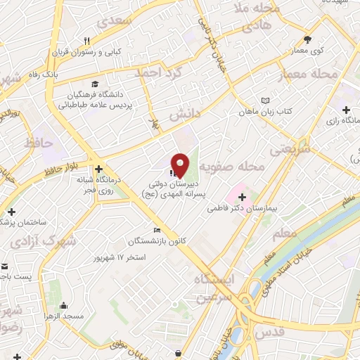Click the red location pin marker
[x=180, y=165]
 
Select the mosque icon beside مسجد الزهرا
[x=64, y=305]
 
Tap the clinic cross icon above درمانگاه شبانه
[x=99, y=169]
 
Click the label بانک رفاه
[x=71, y=73]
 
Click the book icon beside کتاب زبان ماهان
[x=264, y=101]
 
